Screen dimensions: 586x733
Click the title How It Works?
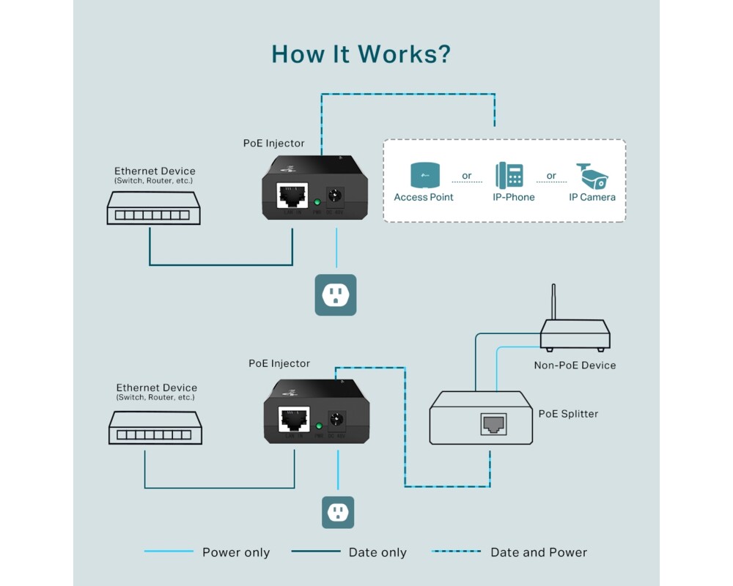tap(361, 54)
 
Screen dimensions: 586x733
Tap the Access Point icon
tap(424, 176)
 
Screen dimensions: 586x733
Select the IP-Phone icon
tap(509, 176)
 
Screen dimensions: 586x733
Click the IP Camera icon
tap(592, 176)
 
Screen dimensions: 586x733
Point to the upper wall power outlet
tap(336, 295)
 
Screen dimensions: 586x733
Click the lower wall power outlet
tap(338, 512)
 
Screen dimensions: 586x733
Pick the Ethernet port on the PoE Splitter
tap(493, 423)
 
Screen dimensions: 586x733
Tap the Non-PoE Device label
tap(575, 366)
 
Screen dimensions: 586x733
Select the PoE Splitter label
tap(568, 414)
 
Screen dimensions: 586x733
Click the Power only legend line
tap(169, 552)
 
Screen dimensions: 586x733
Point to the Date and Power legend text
tap(539, 552)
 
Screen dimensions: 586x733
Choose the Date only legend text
tap(377, 552)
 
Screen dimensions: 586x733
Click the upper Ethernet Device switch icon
tap(153, 208)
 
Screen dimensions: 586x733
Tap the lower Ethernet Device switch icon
tap(155, 427)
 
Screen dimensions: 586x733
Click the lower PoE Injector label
tap(279, 363)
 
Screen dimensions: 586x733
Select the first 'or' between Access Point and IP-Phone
tap(467, 176)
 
